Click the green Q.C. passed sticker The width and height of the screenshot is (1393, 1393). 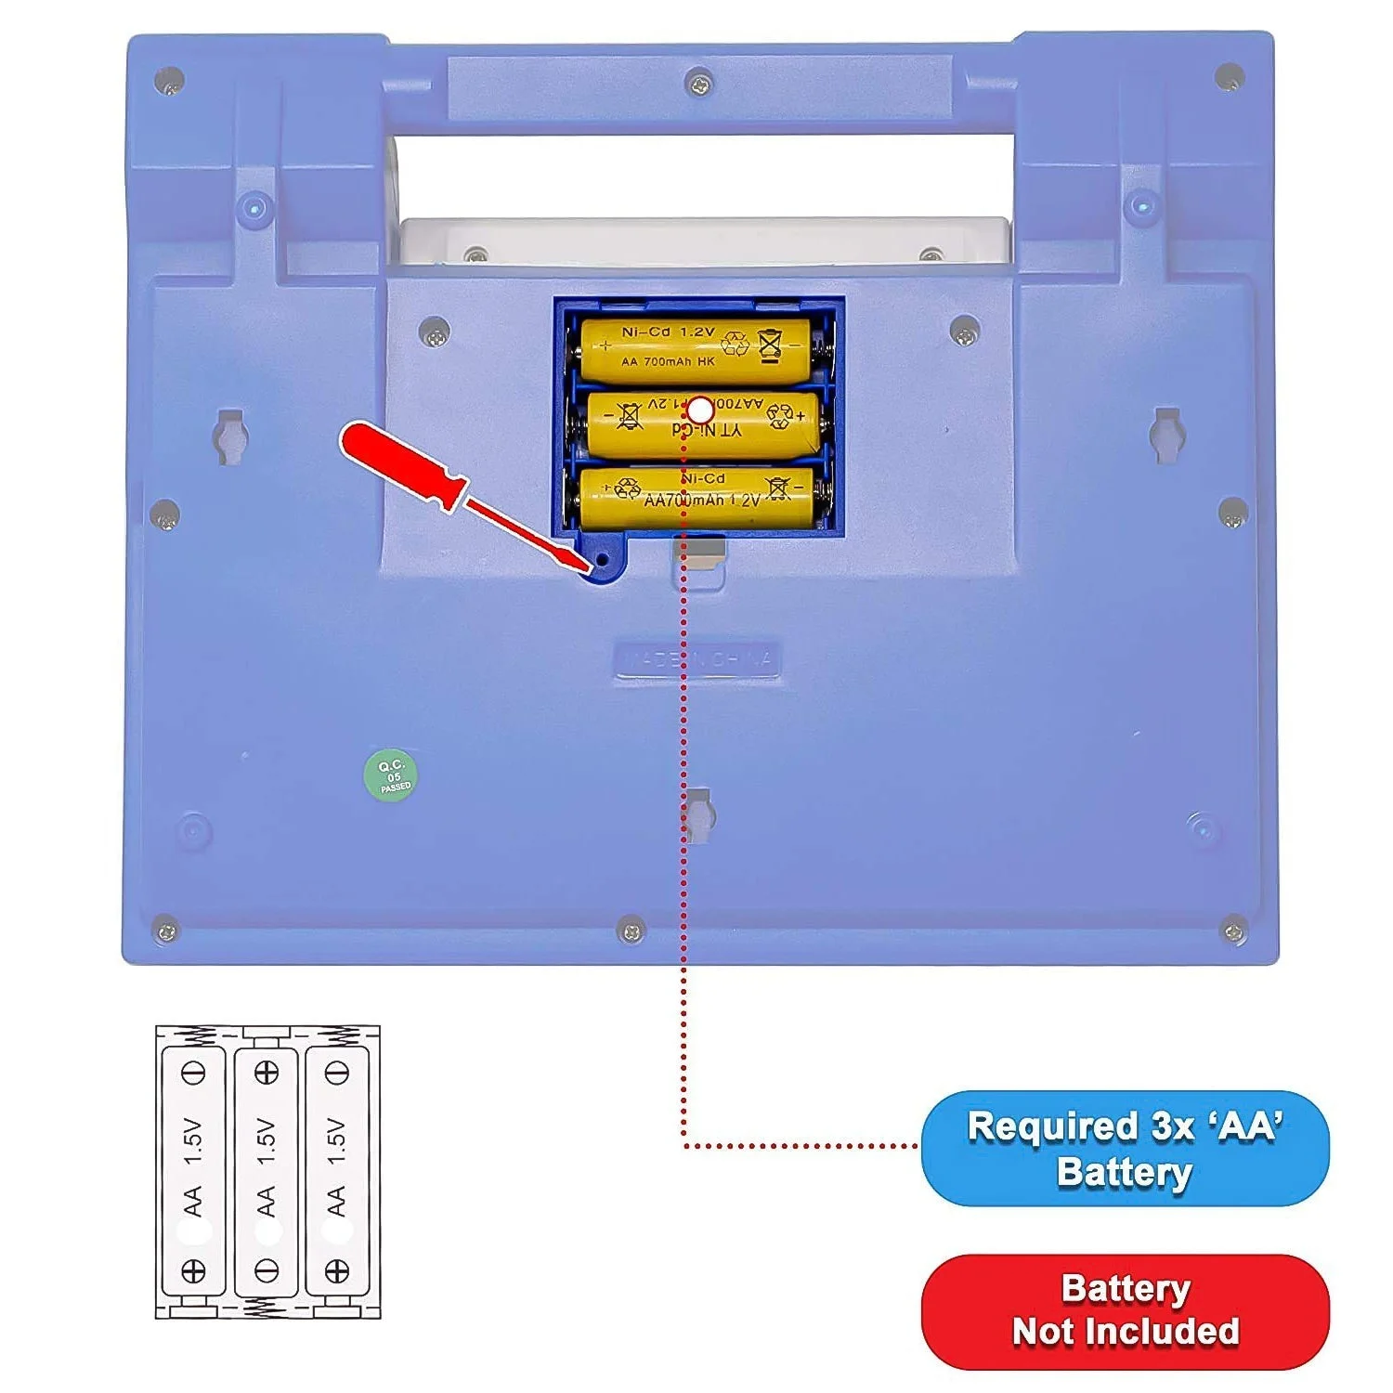391,775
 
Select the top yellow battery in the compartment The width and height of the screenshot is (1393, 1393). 696,351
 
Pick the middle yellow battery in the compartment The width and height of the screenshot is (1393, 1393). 702,424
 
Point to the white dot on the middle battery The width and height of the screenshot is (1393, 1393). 701,410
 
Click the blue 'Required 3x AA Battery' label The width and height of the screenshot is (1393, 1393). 1125,1148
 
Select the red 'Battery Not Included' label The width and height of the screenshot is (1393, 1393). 1125,1310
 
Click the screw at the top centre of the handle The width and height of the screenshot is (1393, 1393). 699,84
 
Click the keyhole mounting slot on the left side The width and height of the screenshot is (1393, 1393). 230,435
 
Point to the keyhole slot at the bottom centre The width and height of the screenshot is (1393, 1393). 697,814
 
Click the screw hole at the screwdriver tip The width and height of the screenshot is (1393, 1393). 602,561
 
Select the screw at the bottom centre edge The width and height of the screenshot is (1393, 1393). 631,929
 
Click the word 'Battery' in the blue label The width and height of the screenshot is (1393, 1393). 1125,1172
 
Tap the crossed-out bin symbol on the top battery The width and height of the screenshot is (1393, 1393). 770,345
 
